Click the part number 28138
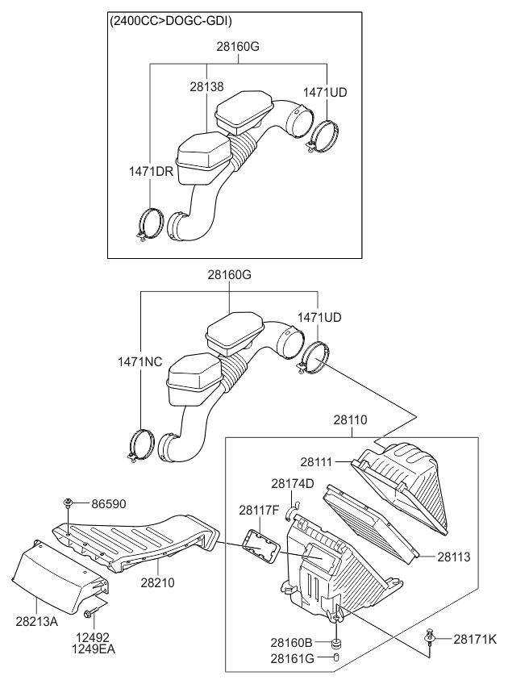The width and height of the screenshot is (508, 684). pos(206,87)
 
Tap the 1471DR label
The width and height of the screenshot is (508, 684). pos(151,171)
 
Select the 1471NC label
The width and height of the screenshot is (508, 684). pos(139,361)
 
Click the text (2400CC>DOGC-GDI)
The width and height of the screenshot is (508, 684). pos(170,21)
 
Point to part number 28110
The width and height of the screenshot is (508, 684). pos(351,420)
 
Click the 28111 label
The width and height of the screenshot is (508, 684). pos(317,462)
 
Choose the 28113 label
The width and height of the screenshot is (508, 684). pos(454,557)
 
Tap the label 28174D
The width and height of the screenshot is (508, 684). pos(293,484)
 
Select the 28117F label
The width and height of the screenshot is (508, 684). pos(259,510)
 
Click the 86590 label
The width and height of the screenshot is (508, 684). pos(109,504)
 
